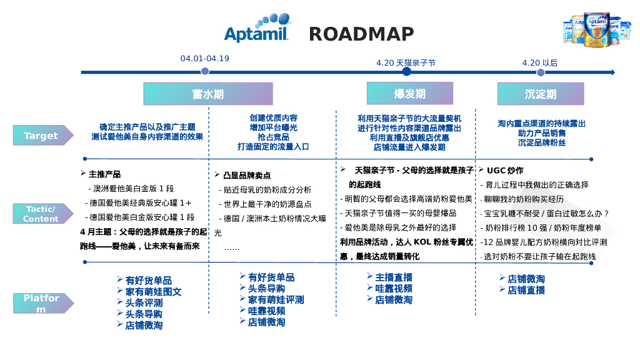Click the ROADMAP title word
(x=361, y=34)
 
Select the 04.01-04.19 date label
(x=205, y=59)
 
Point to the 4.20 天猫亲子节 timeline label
(x=406, y=62)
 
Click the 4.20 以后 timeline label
(x=540, y=62)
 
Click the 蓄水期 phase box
(x=208, y=94)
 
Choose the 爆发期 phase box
(x=409, y=93)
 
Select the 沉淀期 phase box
(x=541, y=94)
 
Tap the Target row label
(x=41, y=136)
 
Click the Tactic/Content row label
(x=41, y=214)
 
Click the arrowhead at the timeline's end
(x=612, y=72)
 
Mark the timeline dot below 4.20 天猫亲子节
(x=406, y=72)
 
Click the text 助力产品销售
(x=541, y=133)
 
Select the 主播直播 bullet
(x=393, y=277)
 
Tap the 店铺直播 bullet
(x=526, y=290)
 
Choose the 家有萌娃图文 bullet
(x=153, y=292)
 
